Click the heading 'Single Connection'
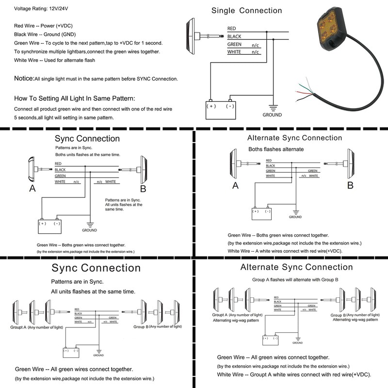246,10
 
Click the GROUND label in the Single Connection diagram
272,115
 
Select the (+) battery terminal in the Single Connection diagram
211,106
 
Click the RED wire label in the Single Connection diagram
232,29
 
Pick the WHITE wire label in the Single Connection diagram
234,52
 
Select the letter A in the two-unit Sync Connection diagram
32,189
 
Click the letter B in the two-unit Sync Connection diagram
143,189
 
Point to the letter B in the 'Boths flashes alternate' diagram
350,185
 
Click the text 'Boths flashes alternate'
276,149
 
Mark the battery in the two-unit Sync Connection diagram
49,226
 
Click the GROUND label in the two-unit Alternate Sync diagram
295,217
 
